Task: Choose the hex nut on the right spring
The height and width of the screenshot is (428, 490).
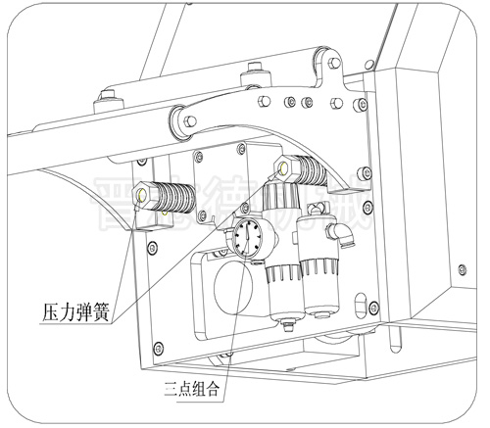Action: [285, 166]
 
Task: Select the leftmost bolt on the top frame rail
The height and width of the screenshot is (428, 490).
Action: [104, 99]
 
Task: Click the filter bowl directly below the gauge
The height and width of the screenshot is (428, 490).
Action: [280, 294]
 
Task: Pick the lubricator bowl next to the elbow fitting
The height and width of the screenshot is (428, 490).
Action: [321, 284]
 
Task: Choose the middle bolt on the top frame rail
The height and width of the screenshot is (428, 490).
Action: [254, 70]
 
